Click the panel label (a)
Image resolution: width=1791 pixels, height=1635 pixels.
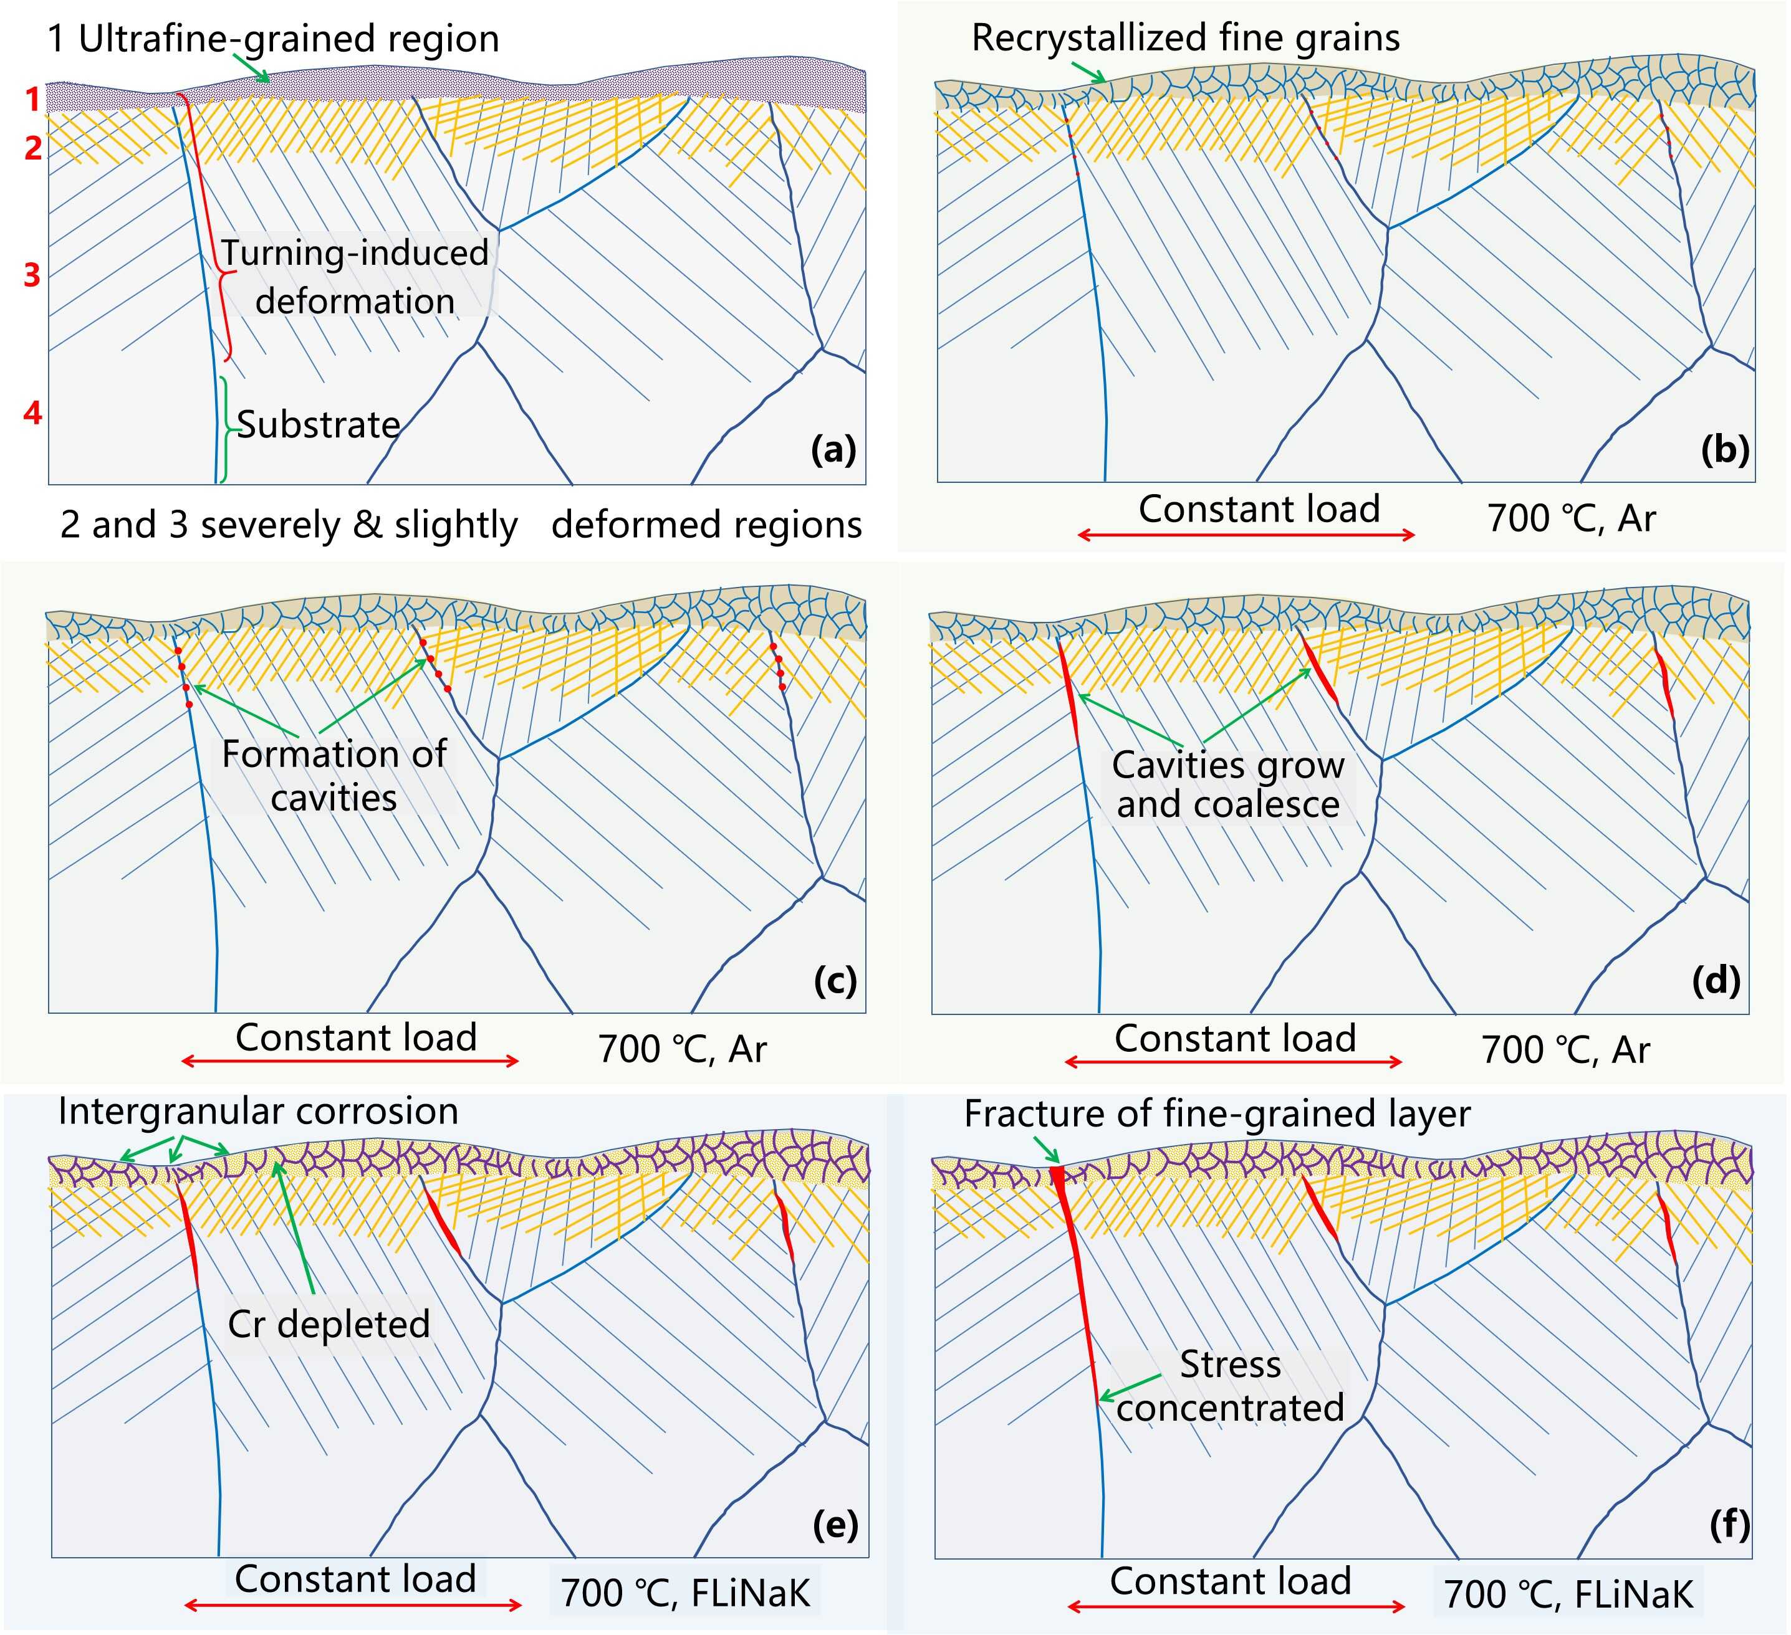pyautogui.click(x=832, y=450)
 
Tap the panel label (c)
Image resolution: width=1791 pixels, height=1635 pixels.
pyautogui.click(x=834, y=981)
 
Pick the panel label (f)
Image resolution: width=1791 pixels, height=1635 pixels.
pyautogui.click(x=1729, y=1525)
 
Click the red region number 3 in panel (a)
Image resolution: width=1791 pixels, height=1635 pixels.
pyautogui.click(x=32, y=275)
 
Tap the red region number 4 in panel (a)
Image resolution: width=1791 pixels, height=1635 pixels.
pyautogui.click(x=32, y=413)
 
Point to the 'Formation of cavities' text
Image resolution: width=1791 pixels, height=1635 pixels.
pyautogui.click(x=334, y=775)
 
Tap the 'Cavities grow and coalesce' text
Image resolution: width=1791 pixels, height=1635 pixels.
pyautogui.click(x=1227, y=785)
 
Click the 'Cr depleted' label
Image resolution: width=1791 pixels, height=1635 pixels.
pyautogui.click(x=329, y=1324)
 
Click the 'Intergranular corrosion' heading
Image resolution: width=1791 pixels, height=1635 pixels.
pyautogui.click(x=257, y=1112)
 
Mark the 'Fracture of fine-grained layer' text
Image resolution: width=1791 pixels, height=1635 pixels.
pyautogui.click(x=1216, y=1113)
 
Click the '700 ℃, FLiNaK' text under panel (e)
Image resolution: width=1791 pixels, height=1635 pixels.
pyautogui.click(x=685, y=1593)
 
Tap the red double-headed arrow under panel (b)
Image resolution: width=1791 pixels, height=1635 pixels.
pyautogui.click(x=1246, y=535)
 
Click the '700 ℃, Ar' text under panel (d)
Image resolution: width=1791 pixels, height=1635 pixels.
pyautogui.click(x=1565, y=1051)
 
